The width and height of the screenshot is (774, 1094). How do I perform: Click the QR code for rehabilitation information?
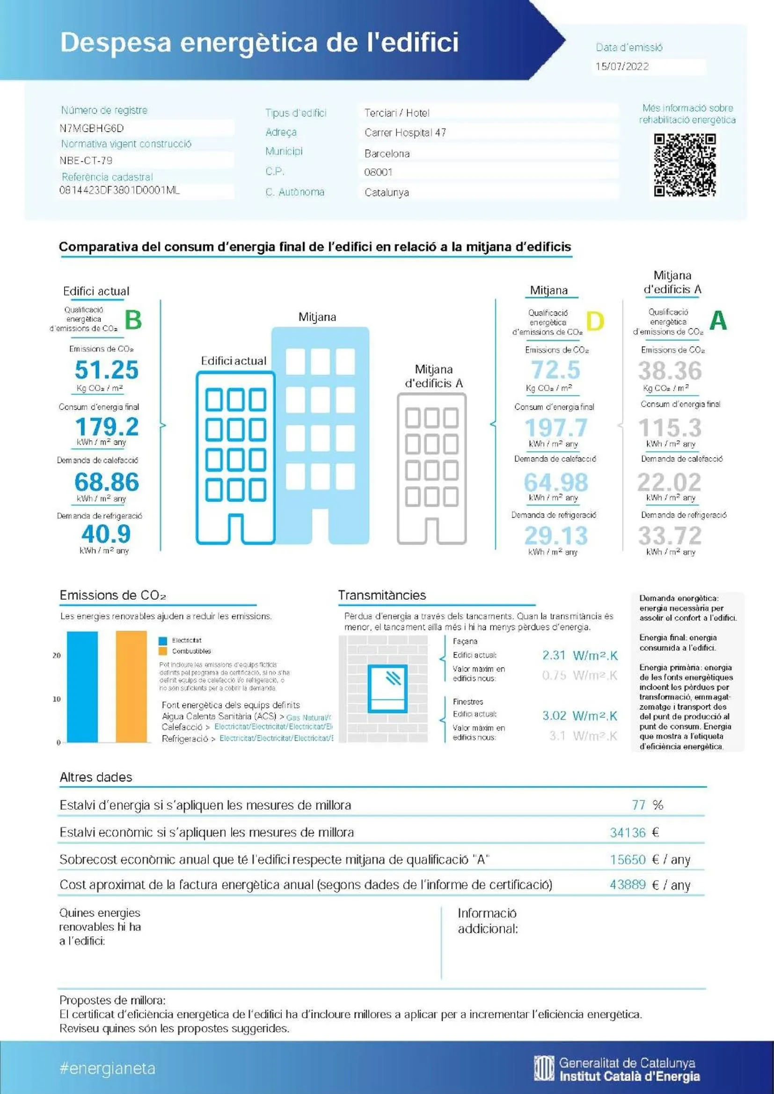(685, 165)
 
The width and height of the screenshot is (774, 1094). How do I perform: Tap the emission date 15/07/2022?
(622, 66)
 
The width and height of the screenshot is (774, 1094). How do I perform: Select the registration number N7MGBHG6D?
(92, 128)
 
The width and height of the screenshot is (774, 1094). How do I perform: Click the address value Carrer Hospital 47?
(405, 132)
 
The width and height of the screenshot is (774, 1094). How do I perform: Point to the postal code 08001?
(378, 172)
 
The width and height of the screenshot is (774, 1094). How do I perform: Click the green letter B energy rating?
(133, 320)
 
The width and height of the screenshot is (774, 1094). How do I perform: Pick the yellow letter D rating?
(595, 321)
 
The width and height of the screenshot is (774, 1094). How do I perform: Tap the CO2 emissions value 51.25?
(106, 370)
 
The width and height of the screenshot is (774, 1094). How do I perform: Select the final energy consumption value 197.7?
(556, 427)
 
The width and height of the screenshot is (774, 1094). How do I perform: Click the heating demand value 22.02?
(669, 482)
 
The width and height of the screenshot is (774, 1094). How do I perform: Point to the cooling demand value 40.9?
(106, 533)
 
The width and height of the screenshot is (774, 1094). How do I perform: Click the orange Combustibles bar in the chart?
(131, 686)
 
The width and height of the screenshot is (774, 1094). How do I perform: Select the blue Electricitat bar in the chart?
(82, 686)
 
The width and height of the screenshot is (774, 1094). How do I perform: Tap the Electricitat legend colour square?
(163, 641)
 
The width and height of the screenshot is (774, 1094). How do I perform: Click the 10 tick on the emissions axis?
(57, 699)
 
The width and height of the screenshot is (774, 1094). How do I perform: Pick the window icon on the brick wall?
(387, 689)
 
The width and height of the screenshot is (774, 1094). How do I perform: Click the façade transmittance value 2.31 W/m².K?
(579, 656)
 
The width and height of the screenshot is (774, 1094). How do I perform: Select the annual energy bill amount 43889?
(628, 885)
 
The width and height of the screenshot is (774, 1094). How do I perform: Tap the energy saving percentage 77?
(638, 805)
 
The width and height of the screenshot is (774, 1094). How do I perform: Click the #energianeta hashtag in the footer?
(108, 1068)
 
